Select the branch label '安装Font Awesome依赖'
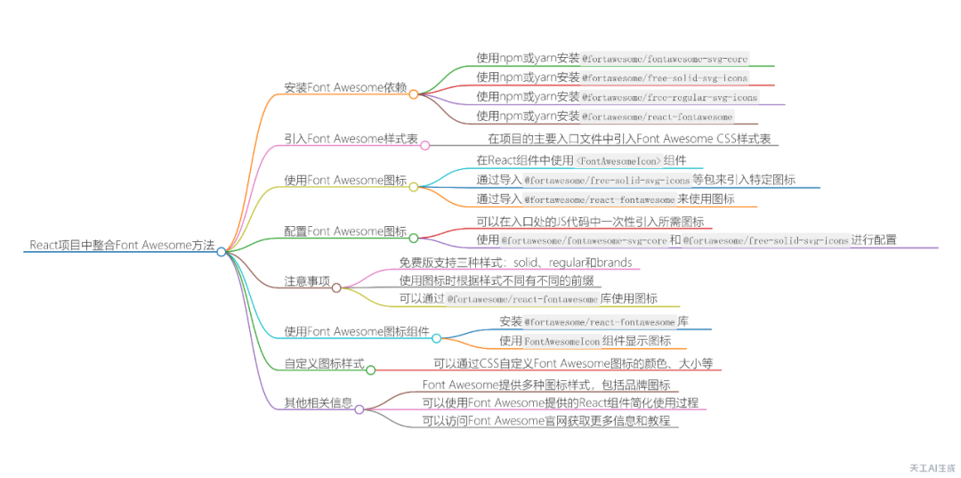pyautogui.click(x=345, y=88)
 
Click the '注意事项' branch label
pyautogui.click(x=306, y=281)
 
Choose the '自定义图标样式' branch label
pyautogui.click(x=323, y=363)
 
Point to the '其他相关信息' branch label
pyautogui.click(x=318, y=402)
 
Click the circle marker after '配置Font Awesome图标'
pyautogui.click(x=414, y=238)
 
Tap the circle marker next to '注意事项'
pyautogui.click(x=336, y=288)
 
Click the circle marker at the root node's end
pyautogui.click(x=222, y=252)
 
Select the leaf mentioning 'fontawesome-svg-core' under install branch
pyautogui.click(x=612, y=58)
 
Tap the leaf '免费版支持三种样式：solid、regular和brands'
pyautogui.click(x=515, y=263)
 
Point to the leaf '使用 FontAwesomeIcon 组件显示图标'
pyautogui.click(x=585, y=340)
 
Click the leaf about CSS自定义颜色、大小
pyautogui.click(x=573, y=363)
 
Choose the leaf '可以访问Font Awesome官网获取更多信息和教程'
pyautogui.click(x=546, y=420)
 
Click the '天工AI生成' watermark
pyautogui.click(x=932, y=466)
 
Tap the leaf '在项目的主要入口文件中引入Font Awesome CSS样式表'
pyautogui.click(x=629, y=139)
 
